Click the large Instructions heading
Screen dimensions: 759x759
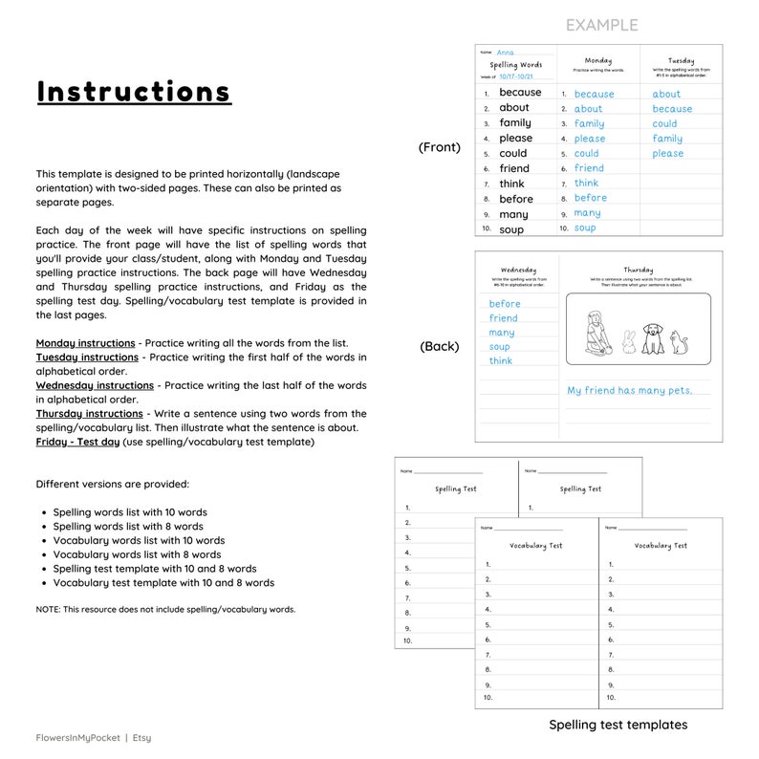(134, 92)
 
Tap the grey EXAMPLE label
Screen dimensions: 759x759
(601, 25)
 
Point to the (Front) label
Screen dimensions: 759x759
(440, 147)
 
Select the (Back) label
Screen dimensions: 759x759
(440, 346)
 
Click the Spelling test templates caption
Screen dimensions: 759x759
(618, 725)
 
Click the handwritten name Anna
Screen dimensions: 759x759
(505, 53)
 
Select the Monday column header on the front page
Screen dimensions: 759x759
(598, 60)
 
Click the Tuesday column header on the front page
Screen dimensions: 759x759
(681, 60)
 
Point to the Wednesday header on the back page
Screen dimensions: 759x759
(518, 270)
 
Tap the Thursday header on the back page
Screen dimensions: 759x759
(639, 270)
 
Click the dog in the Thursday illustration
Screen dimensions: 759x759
(653, 337)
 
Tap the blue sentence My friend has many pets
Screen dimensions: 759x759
(629, 390)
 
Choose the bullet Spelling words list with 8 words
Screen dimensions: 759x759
(128, 526)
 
